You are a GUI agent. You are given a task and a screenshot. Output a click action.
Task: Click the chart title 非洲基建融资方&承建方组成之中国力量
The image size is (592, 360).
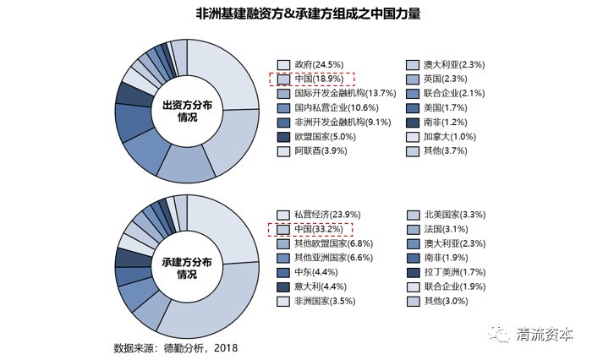[x=296, y=14]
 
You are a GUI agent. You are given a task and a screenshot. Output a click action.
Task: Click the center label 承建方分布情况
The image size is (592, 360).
[x=187, y=269]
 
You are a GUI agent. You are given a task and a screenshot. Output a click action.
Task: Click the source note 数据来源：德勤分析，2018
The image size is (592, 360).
[x=176, y=347]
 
